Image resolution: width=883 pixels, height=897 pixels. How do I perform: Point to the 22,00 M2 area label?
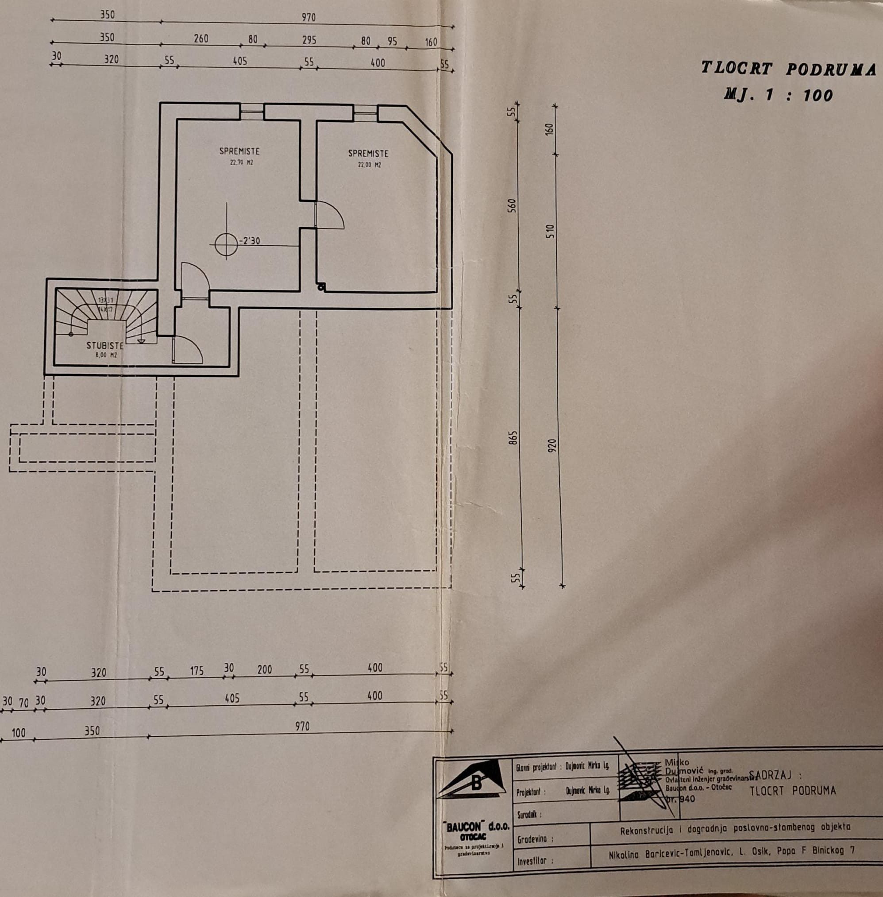[x=369, y=165]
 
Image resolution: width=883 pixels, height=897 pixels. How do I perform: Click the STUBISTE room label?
[x=105, y=345]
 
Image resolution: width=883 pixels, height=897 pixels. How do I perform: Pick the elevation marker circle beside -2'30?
[x=226, y=244]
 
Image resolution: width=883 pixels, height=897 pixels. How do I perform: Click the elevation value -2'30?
[x=250, y=241]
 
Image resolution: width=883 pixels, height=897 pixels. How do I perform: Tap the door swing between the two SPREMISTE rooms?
[x=329, y=215]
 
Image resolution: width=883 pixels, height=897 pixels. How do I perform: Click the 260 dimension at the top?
[x=201, y=39]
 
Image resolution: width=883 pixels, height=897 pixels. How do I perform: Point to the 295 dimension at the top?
[x=309, y=40]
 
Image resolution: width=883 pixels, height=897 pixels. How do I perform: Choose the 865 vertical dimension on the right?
[x=513, y=438]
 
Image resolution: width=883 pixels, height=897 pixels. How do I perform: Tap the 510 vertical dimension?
[x=550, y=232]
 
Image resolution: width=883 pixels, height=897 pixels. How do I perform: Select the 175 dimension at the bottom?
[x=197, y=671]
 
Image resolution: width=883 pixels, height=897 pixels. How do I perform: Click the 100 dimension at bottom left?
[x=19, y=733]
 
